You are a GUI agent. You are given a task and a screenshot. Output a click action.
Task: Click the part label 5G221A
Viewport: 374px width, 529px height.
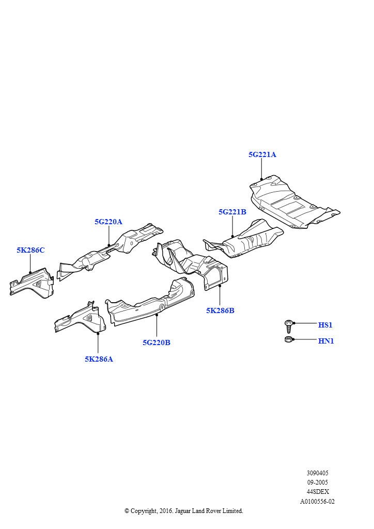tap(262, 154)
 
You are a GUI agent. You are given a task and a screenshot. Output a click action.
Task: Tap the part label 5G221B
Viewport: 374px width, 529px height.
tap(232, 212)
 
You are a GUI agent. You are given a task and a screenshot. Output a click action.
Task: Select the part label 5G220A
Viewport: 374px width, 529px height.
tap(108, 222)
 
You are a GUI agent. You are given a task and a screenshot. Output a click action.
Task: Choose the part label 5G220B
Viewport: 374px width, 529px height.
tap(157, 342)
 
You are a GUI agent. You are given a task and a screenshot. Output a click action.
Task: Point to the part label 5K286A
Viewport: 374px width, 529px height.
tap(99, 359)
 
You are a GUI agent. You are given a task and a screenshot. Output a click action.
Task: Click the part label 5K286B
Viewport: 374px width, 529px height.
tap(220, 310)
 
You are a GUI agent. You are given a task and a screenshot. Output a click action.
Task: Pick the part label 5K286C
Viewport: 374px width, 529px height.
tap(30, 250)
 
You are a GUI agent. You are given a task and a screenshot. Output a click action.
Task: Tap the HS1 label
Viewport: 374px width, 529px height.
tap(325, 325)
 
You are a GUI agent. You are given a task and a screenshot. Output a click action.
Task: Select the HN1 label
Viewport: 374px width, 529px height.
tap(325, 341)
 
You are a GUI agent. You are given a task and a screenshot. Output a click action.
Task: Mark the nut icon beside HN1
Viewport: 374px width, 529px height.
tap(289, 339)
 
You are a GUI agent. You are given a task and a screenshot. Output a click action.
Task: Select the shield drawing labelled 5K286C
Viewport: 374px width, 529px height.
tap(32, 283)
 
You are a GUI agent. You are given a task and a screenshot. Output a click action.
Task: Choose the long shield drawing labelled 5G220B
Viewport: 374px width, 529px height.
tap(150, 305)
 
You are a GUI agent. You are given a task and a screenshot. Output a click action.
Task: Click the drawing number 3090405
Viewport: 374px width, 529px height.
tap(317, 473)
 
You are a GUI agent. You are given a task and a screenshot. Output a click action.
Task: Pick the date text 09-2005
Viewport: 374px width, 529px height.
tap(317, 482)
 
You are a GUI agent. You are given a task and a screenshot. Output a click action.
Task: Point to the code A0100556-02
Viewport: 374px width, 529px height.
tap(317, 501)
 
